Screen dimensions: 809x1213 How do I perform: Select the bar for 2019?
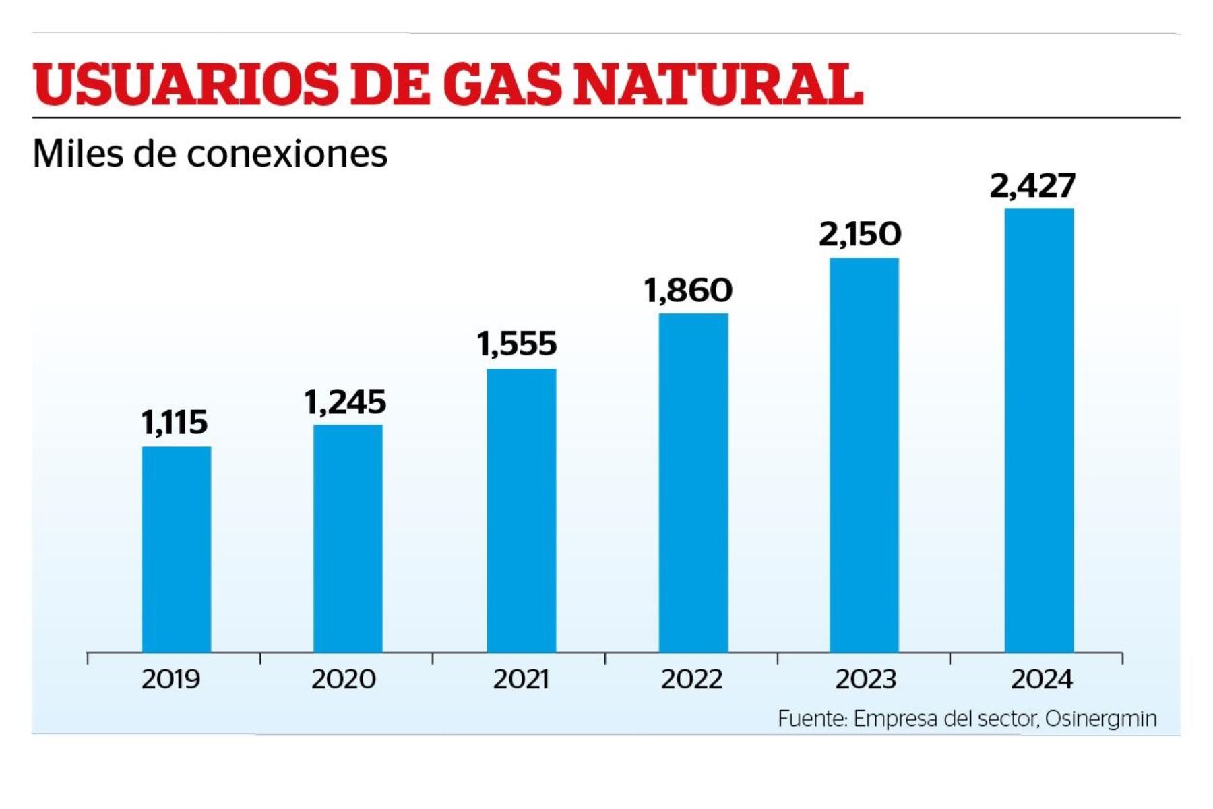click(x=176, y=549)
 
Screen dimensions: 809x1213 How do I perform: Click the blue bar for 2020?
click(x=348, y=538)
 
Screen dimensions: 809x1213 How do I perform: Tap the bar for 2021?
click(x=522, y=510)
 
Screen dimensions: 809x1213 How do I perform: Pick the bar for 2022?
click(x=693, y=483)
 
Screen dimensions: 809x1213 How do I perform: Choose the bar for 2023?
click(x=864, y=455)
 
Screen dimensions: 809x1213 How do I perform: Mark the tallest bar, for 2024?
click(x=1039, y=430)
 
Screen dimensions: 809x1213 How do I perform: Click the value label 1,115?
click(x=175, y=423)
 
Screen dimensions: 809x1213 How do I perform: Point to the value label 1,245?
click(x=345, y=402)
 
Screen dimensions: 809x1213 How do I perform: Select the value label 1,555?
click(x=517, y=344)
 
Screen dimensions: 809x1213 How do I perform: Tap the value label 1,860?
click(x=688, y=291)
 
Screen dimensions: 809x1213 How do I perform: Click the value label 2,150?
click(x=860, y=235)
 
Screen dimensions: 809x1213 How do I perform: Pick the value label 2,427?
click(x=1032, y=185)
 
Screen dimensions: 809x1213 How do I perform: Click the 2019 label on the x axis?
click(x=171, y=679)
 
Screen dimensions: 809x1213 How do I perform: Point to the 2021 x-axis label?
click(x=521, y=679)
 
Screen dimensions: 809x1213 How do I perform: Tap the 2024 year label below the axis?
click(x=1041, y=679)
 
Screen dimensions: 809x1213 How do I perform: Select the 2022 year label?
click(x=691, y=679)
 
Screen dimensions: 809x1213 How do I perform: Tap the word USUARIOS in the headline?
click(x=185, y=84)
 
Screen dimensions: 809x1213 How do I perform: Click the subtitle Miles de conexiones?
click(x=210, y=154)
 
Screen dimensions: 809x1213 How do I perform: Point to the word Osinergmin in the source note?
click(x=1101, y=719)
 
